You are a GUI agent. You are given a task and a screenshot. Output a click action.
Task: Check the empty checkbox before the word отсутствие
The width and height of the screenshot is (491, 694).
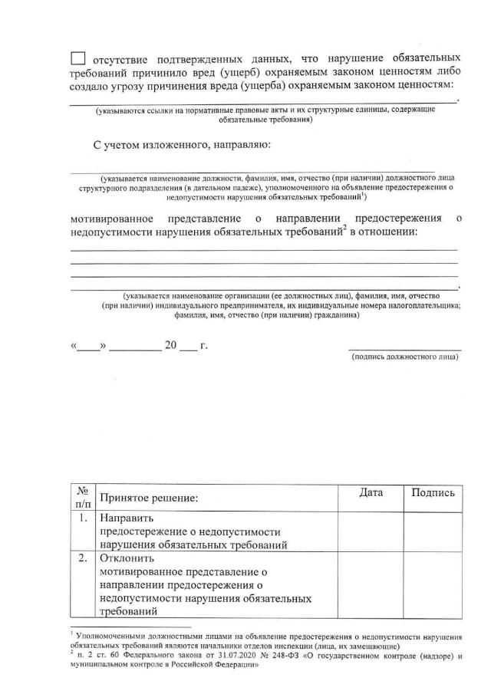coord(78,58)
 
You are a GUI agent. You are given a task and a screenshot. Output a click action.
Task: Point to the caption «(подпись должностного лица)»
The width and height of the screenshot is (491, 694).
coord(404,357)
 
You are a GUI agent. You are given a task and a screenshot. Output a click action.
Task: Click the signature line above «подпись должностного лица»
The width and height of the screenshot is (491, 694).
coord(404,349)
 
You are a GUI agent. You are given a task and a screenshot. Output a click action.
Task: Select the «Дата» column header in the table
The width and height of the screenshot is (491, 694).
coord(371,493)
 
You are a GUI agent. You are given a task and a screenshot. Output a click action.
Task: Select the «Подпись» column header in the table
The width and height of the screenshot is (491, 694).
coord(433,493)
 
